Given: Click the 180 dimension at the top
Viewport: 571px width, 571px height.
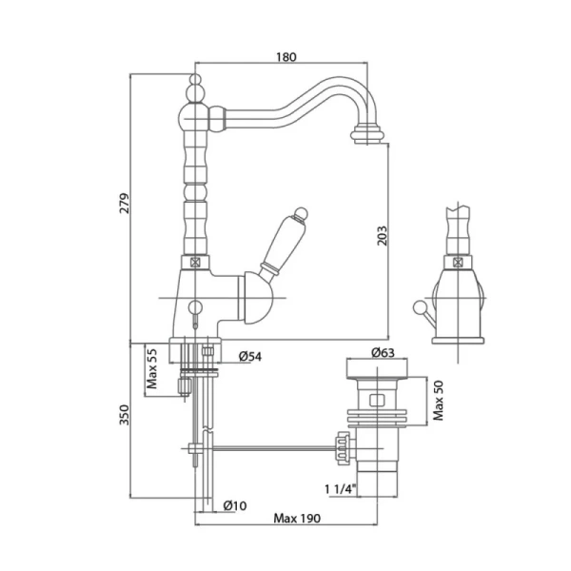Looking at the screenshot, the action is click(286, 57).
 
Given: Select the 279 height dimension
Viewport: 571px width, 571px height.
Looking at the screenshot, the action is click(125, 204).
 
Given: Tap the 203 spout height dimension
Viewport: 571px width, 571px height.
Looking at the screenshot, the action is click(382, 236).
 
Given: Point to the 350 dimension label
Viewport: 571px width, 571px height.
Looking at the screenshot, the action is click(125, 415).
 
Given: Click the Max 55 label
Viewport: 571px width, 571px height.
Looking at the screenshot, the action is click(152, 368).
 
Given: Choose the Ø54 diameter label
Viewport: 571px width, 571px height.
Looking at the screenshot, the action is click(250, 357).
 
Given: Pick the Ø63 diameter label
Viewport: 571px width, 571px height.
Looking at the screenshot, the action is click(383, 352).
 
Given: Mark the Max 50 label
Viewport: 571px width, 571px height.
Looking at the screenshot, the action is click(439, 401).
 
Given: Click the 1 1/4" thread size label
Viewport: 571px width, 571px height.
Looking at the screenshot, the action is click(340, 489).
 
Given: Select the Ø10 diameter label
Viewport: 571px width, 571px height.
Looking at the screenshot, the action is click(235, 506).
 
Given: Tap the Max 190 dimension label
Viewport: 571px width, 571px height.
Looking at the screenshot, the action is click(297, 519).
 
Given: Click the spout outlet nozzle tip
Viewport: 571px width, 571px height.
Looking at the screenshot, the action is click(367, 134).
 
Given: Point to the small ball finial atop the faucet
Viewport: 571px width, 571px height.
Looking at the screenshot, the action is click(195, 79).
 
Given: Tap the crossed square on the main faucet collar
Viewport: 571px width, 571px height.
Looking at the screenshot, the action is click(195, 263).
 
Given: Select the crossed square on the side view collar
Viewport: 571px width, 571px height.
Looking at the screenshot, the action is click(458, 263).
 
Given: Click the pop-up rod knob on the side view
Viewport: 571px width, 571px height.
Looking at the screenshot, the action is click(419, 306).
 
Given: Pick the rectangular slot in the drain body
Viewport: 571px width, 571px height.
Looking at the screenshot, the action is click(377, 401).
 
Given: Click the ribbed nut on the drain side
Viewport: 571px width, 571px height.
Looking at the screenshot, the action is click(343, 448).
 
